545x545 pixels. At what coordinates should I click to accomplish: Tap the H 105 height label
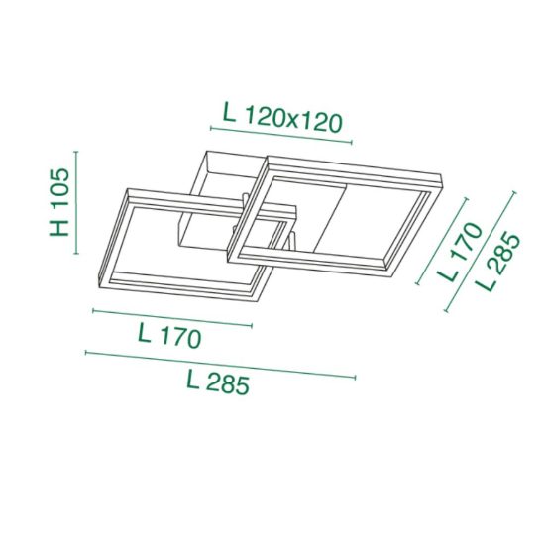[59, 202]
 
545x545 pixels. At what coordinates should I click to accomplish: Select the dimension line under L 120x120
[281, 135]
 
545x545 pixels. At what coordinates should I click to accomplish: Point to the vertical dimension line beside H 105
[76, 202]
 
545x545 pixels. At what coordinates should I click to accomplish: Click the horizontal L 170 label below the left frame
[169, 336]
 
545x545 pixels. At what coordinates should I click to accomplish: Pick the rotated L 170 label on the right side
[461, 251]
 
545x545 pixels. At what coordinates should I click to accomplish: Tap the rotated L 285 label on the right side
[498, 262]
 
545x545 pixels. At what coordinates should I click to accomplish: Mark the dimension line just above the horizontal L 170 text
[172, 318]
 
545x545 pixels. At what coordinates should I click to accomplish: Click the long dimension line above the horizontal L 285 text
[220, 365]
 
